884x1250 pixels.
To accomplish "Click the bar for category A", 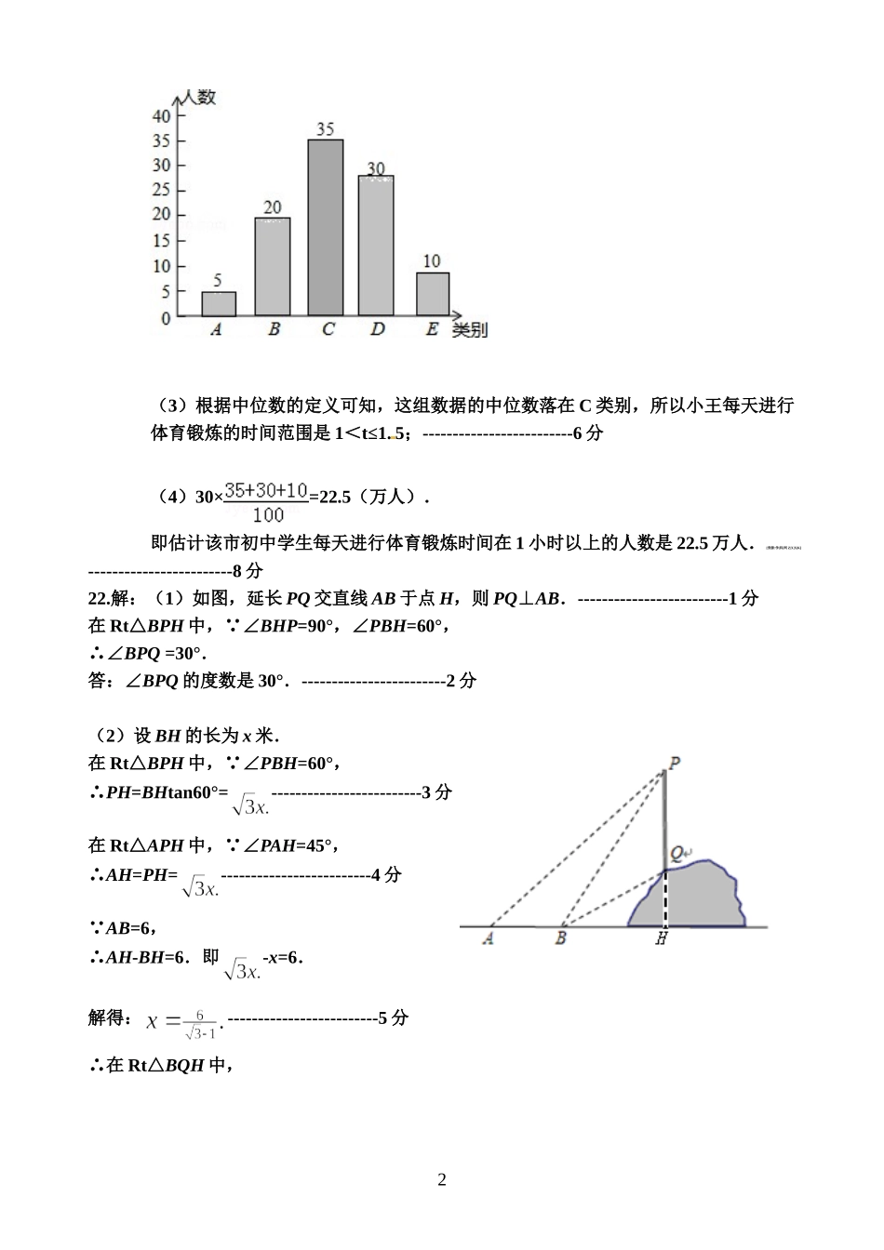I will tap(219, 304).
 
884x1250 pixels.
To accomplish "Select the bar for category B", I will tap(272, 267).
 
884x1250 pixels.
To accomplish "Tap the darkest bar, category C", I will tap(326, 228).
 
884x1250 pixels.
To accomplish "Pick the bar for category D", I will tap(376, 246).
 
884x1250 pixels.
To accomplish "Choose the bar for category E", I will tap(433, 294).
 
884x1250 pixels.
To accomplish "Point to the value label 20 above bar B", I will tap(272, 207).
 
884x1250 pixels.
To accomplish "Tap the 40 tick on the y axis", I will tap(162, 116).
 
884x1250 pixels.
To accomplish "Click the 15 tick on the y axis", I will tap(162, 241).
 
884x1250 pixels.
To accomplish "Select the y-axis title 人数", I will tap(199, 97).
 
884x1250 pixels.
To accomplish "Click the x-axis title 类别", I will tap(470, 330).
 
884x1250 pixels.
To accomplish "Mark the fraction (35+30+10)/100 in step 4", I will tap(267, 501).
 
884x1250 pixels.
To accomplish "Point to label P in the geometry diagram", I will tap(675, 764).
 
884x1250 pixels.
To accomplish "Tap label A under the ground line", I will tap(488, 939).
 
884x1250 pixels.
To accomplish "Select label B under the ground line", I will tap(560, 939).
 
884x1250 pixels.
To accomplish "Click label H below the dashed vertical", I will tap(662, 939).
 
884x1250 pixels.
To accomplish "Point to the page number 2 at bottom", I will tap(442, 1180).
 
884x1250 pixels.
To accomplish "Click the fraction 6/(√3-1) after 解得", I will tap(200, 1024).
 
